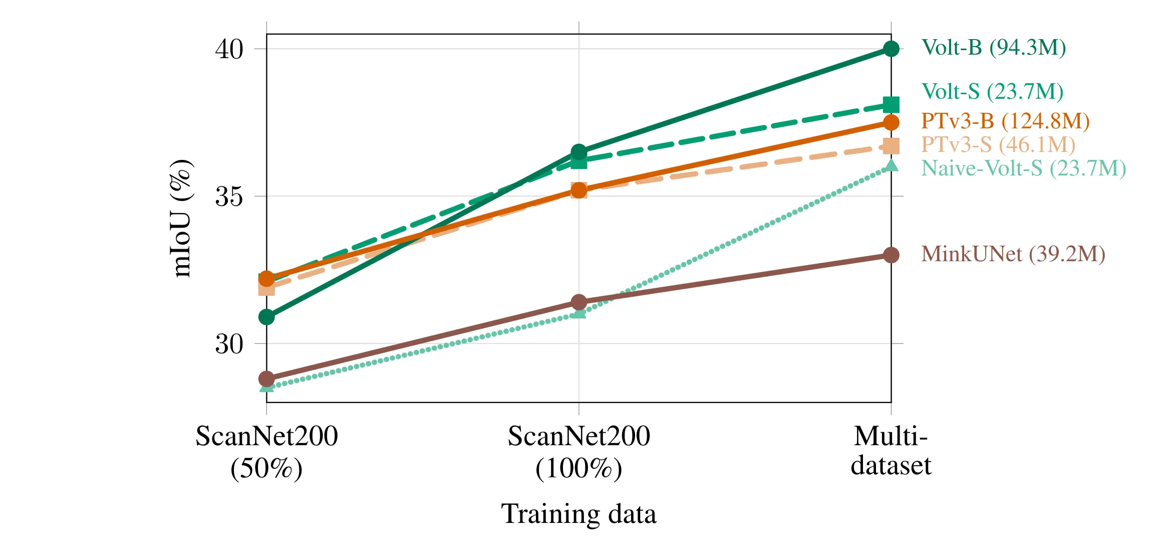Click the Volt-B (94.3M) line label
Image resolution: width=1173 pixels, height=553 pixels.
click(993, 48)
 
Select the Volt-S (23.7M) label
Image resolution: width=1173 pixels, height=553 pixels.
click(992, 92)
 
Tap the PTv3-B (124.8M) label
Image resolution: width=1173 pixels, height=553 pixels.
click(1005, 121)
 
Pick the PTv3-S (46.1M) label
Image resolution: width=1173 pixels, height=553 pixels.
click(998, 144)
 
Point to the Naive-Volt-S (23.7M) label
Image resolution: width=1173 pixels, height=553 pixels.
click(1023, 168)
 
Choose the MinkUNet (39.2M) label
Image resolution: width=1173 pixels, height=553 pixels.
click(1013, 254)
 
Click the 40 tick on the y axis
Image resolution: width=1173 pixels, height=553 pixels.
click(229, 49)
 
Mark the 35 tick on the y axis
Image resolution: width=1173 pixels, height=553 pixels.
click(229, 197)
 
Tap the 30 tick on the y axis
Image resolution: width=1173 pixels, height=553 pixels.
click(229, 344)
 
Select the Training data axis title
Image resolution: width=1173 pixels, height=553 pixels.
click(578, 514)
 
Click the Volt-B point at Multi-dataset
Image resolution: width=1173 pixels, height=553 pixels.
click(891, 49)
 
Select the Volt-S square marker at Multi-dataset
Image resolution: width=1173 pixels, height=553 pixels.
click(891, 105)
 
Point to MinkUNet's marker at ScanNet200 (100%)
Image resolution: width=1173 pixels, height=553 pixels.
click(579, 302)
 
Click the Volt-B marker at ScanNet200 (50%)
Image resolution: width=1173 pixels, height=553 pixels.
click(266, 317)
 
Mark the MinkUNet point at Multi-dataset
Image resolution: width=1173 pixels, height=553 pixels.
click(891, 255)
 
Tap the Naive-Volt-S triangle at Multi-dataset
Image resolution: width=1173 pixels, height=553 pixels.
click(891, 166)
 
